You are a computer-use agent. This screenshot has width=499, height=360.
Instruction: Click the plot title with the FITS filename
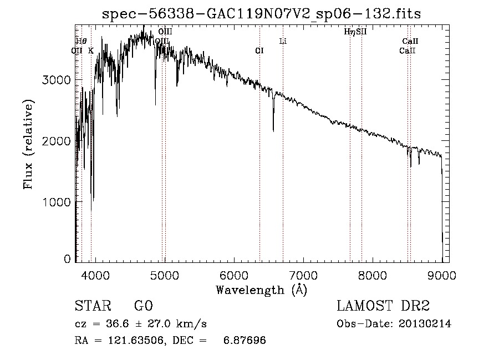coord(262,14)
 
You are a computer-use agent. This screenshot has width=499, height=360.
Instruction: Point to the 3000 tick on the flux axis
coord(57,80)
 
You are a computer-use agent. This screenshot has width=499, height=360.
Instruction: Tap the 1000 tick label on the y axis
coord(57,202)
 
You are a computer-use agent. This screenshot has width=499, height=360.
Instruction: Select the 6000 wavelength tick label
coord(234,275)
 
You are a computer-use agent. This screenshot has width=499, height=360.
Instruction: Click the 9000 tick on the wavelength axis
coord(442,275)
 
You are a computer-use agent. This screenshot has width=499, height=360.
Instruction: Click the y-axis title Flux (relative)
coord(28,143)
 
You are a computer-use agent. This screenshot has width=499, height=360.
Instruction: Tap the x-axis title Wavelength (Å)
coord(261,290)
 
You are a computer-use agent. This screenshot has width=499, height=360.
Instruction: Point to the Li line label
coord(283,41)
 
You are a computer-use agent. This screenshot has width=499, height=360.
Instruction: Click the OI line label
coord(259,50)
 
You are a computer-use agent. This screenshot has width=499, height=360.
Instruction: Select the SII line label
coord(361,32)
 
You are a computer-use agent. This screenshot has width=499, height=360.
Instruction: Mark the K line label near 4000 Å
coord(91,50)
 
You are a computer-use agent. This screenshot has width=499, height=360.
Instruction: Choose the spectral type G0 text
coord(143,307)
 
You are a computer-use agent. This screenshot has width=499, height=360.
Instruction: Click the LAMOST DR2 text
coord(383,307)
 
